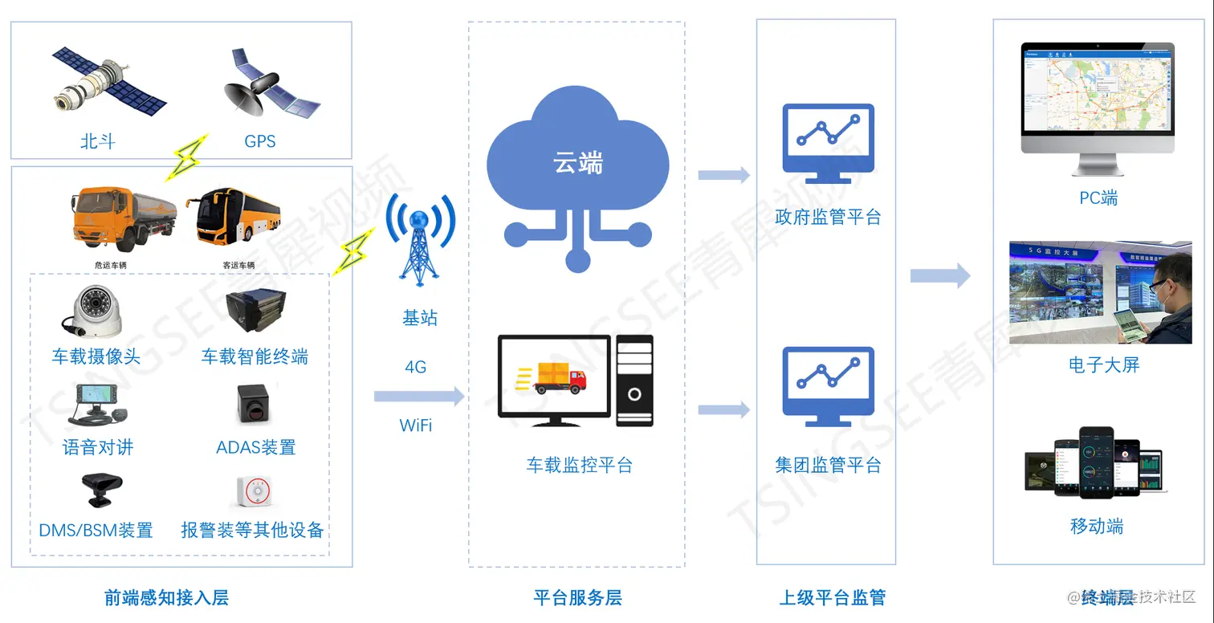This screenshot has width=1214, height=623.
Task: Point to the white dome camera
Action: [x=94, y=312]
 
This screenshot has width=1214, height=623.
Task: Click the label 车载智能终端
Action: [x=255, y=356]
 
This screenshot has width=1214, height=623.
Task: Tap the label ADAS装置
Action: [x=256, y=447]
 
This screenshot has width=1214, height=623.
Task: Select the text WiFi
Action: [x=416, y=426]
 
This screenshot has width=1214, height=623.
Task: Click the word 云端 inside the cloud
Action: [x=578, y=163]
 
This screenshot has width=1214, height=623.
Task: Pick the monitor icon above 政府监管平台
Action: [x=828, y=142]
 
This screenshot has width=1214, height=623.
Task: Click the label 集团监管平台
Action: [x=828, y=465]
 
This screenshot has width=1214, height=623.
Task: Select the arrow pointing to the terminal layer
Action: [x=940, y=277]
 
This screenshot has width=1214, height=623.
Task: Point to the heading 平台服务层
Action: [x=577, y=597]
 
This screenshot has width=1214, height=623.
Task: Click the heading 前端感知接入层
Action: [x=166, y=597]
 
